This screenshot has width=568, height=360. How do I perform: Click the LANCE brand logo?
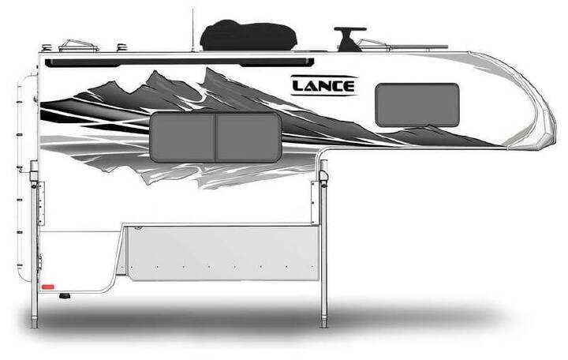[324, 85]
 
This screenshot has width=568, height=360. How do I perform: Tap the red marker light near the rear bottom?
[48, 287]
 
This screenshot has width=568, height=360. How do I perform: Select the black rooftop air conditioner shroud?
[248, 36]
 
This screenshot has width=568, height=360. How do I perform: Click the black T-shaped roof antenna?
[349, 39]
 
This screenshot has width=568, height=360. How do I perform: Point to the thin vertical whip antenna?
[192, 31]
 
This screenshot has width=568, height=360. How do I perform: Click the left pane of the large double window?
[183, 137]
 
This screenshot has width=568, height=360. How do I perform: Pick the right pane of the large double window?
[248, 137]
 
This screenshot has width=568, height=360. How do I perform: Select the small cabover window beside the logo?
[417, 105]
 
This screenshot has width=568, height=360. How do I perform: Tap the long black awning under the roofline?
[179, 62]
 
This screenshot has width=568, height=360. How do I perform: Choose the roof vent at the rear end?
[79, 47]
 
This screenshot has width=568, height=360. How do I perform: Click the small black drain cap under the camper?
[65, 297]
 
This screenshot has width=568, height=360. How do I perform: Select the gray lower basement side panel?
[223, 253]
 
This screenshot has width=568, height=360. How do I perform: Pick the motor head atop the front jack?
[323, 171]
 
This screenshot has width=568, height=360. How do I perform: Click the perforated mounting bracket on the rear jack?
[41, 203]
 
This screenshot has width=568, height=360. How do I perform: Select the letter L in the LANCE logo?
[297, 86]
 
